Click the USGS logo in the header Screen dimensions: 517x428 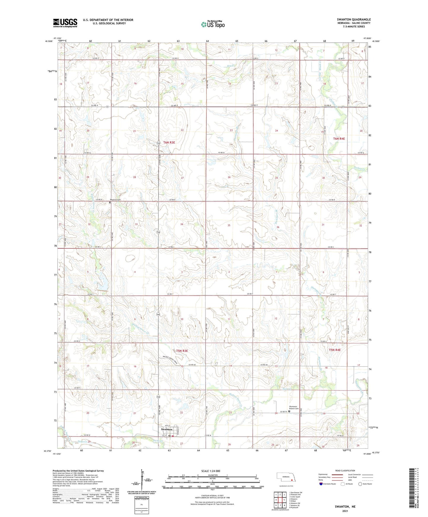[65, 23]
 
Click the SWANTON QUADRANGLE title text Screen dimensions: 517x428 [354, 20]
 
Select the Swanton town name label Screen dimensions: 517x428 [166, 429]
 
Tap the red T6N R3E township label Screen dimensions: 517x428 [169, 142]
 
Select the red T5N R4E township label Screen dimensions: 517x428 [335, 350]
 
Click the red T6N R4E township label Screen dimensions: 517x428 [339, 139]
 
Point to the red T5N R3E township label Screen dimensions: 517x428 [182, 351]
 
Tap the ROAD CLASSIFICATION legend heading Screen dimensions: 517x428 [345, 471]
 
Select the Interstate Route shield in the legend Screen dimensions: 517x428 [321, 484]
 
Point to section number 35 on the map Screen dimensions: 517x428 [229, 225]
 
